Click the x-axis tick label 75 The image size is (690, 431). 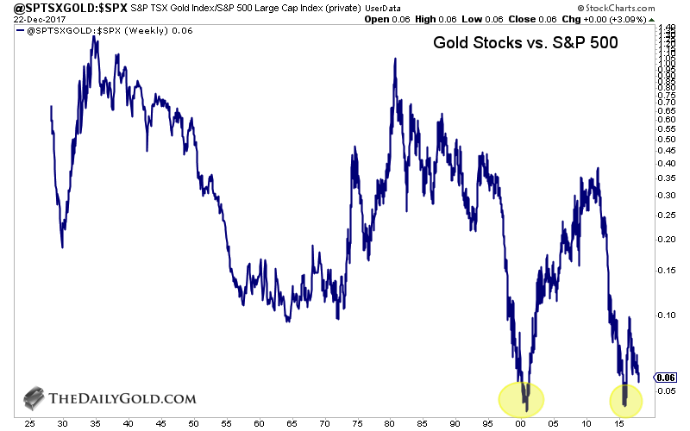coord(354,425)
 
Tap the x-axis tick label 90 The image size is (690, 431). coord(453,425)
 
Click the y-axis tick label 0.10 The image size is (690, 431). coord(666,315)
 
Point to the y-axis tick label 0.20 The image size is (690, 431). coord(666,239)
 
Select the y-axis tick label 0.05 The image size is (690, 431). coord(666,390)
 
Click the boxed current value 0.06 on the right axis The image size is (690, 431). coord(666,378)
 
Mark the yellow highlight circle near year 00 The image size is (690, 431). coord(521,397)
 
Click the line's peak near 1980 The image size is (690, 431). coord(395,59)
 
